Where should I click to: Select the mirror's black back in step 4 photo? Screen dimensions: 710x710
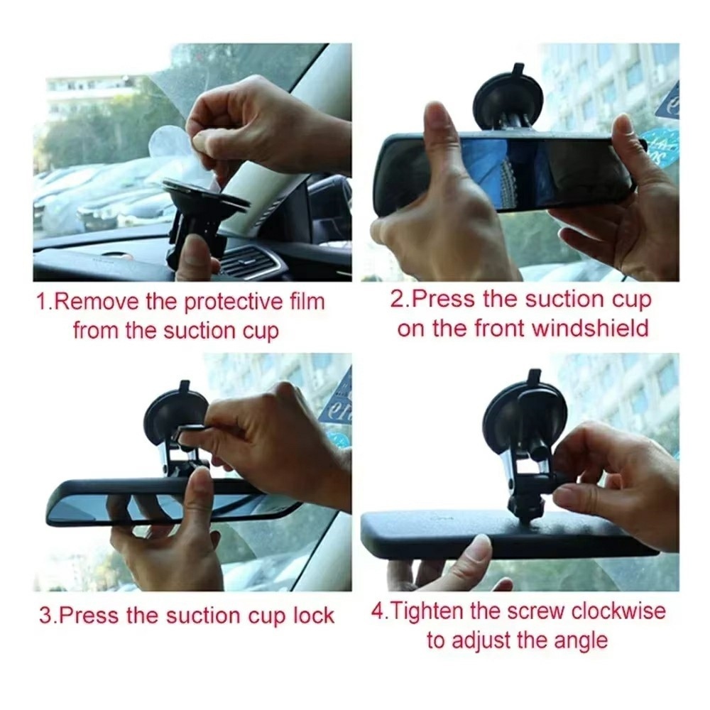tap(507, 535)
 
